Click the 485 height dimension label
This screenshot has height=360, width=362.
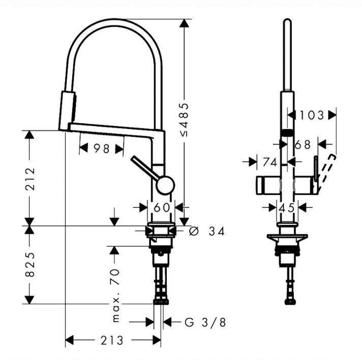pos(185,119)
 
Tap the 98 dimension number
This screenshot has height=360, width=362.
pos(102,148)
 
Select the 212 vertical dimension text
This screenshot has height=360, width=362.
pos(30,179)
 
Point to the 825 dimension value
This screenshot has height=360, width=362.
pos(30,264)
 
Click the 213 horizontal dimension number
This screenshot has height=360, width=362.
pos(112,340)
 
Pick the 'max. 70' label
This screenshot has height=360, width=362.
pos(115,295)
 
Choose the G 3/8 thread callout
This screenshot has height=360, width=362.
pos(205,322)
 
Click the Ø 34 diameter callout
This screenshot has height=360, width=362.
pos(206,231)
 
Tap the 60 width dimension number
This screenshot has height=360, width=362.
pos(161,207)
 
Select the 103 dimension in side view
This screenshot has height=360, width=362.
pos(312,115)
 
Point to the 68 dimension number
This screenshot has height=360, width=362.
pos(303,145)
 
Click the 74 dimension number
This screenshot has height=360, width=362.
pos(269,162)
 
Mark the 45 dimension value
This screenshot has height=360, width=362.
pos(287,208)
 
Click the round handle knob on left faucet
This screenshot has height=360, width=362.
pos(165,185)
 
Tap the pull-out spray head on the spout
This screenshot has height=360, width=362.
pos(67,111)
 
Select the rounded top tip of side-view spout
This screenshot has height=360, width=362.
pos(287,21)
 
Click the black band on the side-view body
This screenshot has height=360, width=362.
pos(287,133)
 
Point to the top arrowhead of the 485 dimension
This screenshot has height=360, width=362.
pos(184,23)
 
